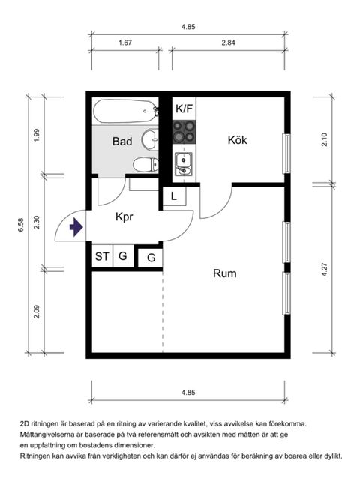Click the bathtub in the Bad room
(x=125, y=111)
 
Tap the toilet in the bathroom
(x=145, y=164)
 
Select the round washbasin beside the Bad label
(x=150, y=139)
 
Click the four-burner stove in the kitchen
(x=184, y=132)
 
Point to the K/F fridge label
(x=184, y=109)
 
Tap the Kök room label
(x=237, y=140)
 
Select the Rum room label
(x=225, y=273)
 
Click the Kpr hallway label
(x=124, y=217)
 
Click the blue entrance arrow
(x=76, y=227)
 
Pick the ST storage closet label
(x=102, y=256)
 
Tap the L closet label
(x=174, y=196)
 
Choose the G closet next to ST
(x=123, y=256)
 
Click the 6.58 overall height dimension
(x=21, y=225)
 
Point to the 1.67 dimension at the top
(x=125, y=43)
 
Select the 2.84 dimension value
(x=228, y=43)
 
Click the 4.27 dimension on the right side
(x=325, y=269)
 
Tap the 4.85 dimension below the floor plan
(x=188, y=393)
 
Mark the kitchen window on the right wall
(x=287, y=154)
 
